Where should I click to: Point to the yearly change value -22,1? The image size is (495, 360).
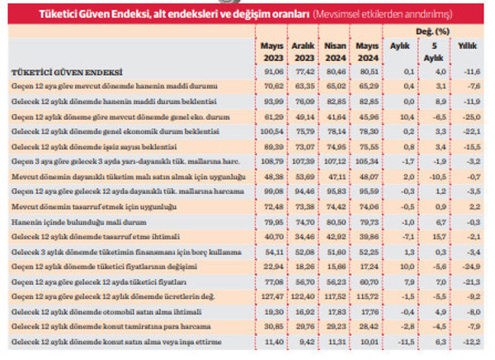pyautogui.click(x=468, y=131)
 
